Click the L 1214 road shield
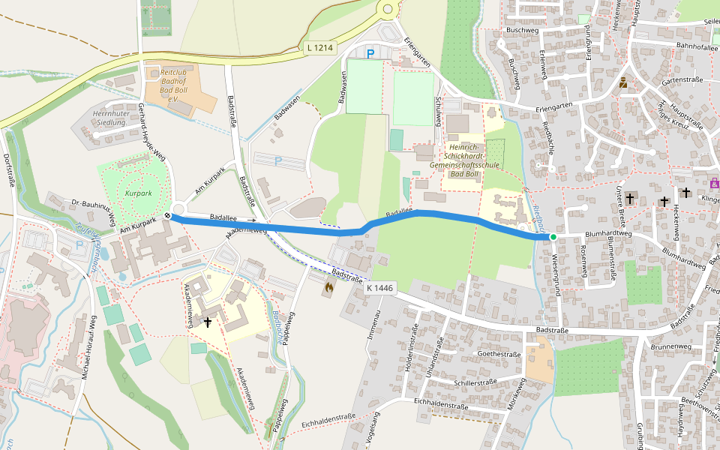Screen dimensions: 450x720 point(320,47)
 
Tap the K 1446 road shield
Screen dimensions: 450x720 point(380,287)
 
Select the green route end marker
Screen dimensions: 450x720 point(553,237)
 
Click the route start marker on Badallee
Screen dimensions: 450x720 point(168,216)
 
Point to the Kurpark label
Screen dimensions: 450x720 point(138,193)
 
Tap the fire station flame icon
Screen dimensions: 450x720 point(328,286)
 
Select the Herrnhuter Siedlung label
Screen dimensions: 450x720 point(108,118)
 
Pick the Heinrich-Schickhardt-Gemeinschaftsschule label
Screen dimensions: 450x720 point(463,160)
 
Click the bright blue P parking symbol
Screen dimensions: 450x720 point(370,53)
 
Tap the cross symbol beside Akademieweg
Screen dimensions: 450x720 point(208,322)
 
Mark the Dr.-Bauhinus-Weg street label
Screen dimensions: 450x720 point(92,211)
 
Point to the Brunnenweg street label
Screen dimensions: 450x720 point(671,346)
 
